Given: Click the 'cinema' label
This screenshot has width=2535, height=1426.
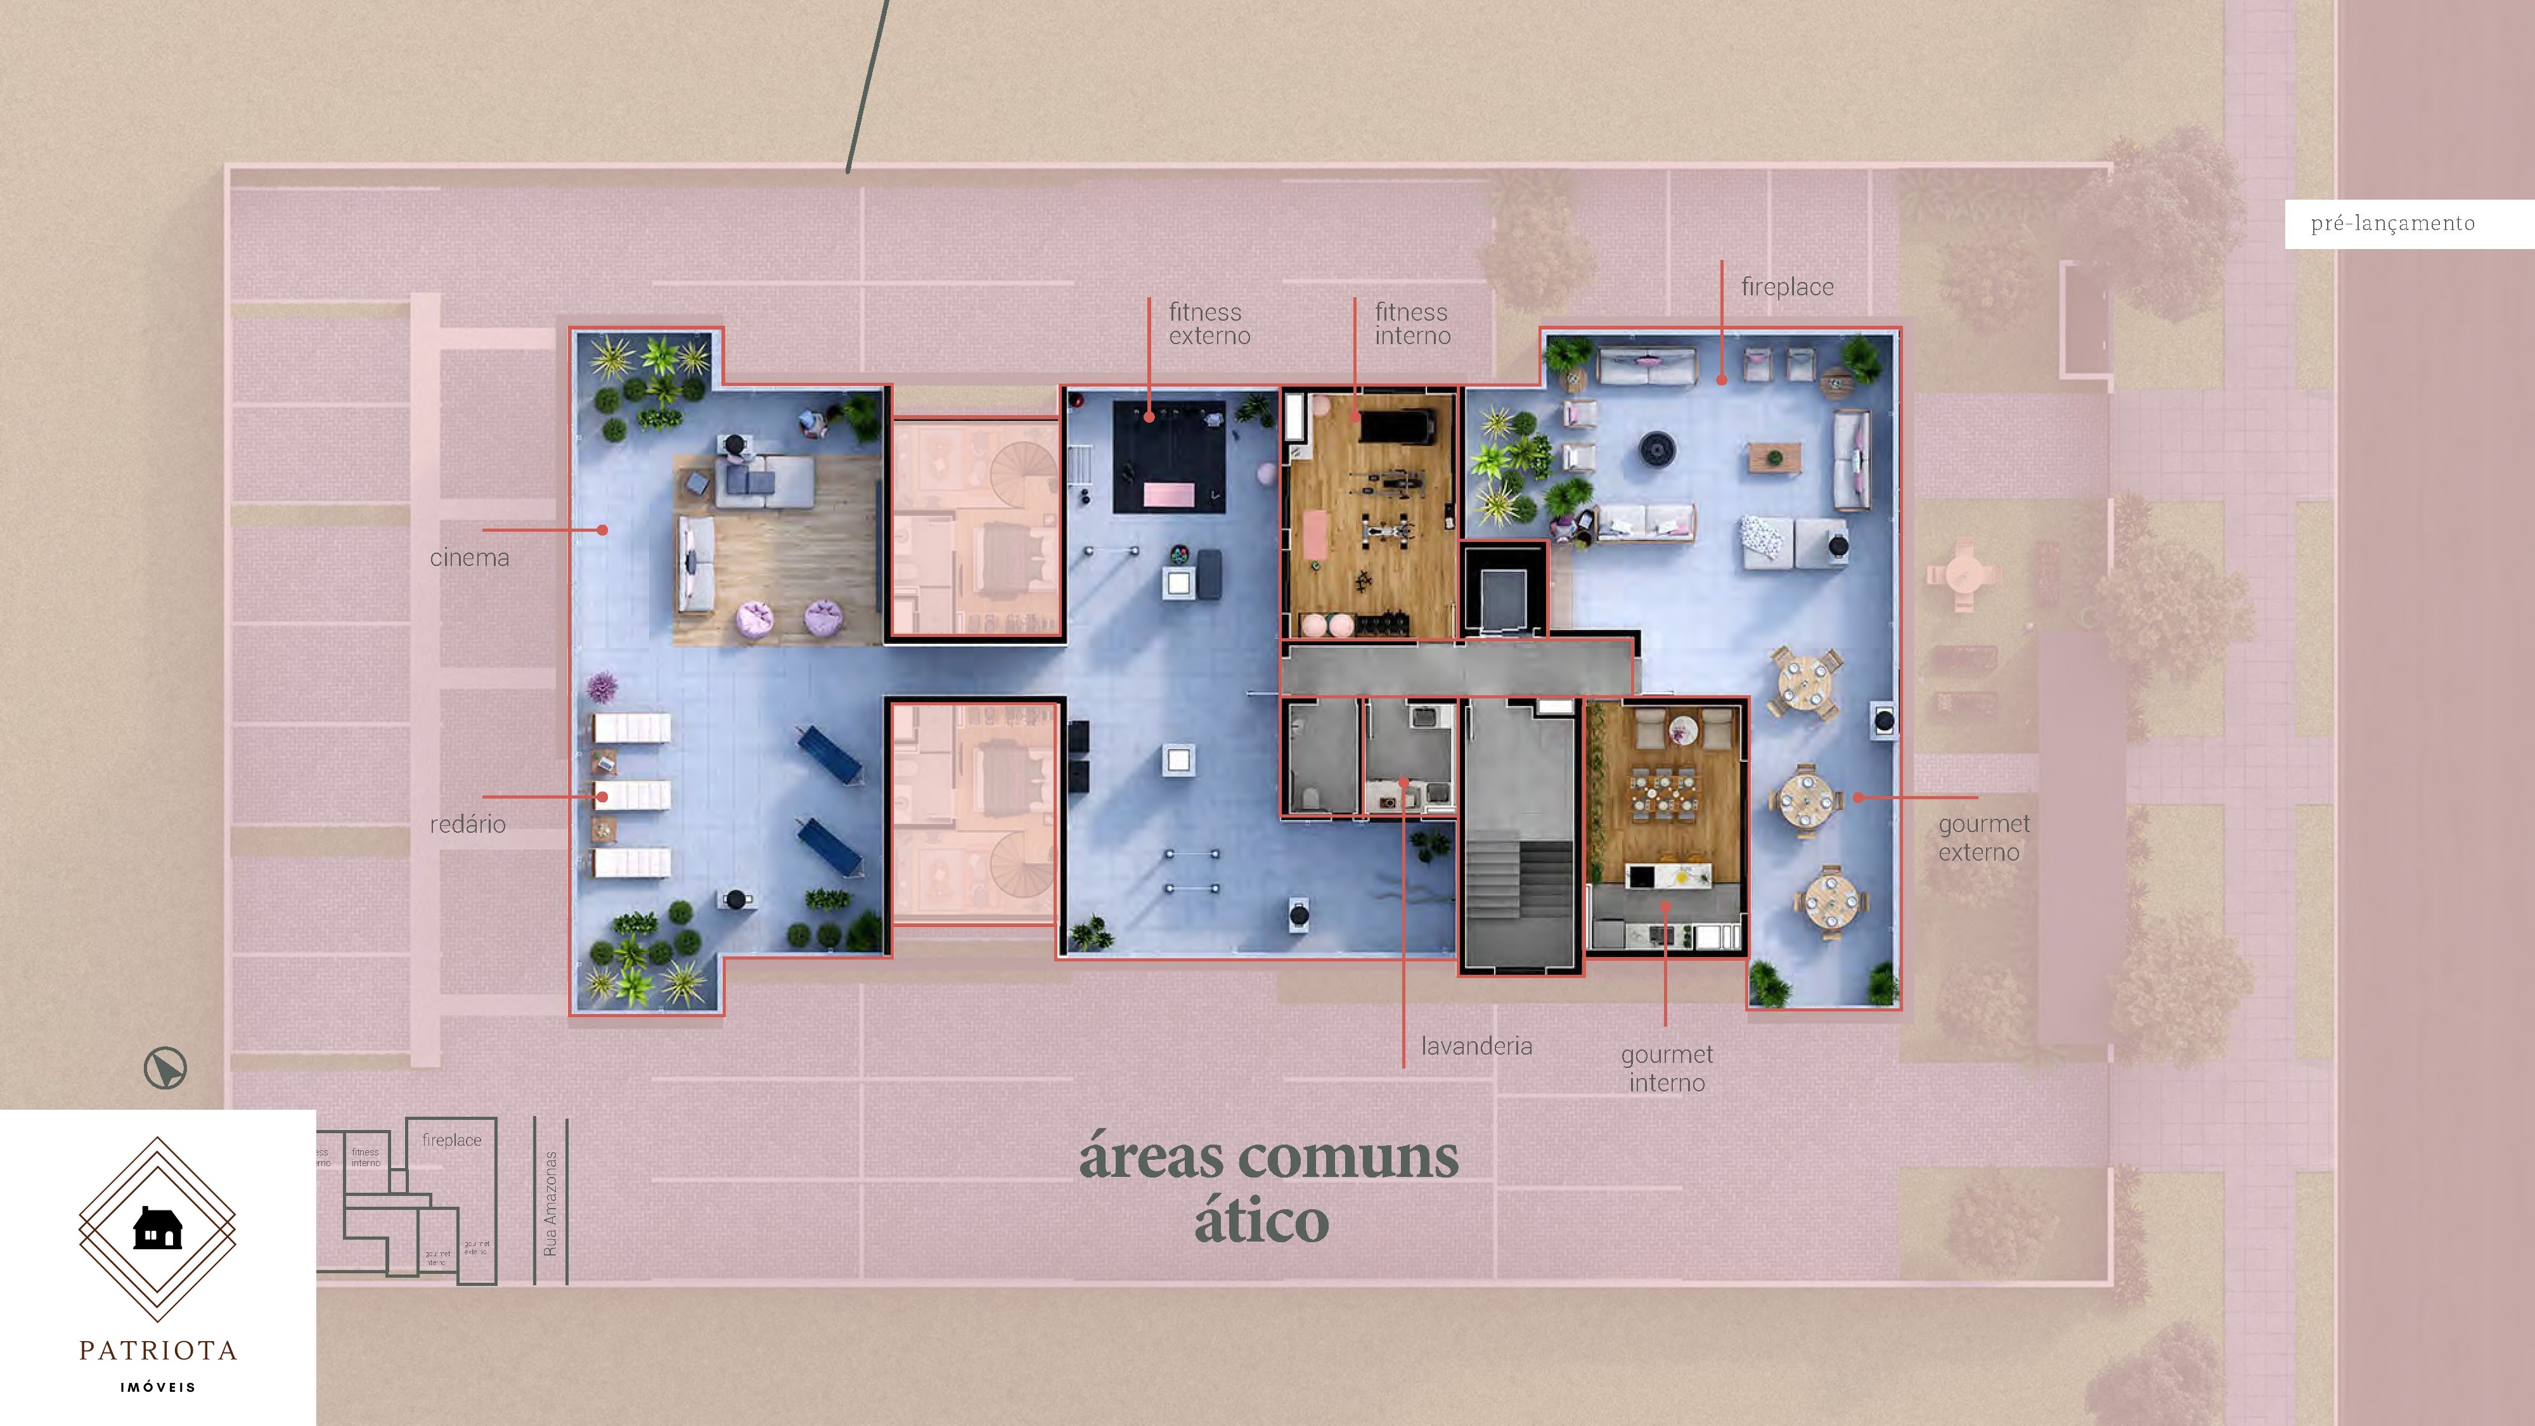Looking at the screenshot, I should pos(469,558).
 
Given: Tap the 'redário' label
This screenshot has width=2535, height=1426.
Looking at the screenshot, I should pos(467,825).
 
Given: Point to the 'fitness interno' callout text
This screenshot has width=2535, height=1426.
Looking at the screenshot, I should pos(1412,324).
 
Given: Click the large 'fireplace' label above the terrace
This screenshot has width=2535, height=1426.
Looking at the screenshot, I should pos(1787,287).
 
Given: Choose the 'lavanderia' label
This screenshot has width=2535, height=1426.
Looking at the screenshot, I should pos(1476,1046).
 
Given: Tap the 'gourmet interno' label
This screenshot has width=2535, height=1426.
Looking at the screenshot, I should pos(1667,1068).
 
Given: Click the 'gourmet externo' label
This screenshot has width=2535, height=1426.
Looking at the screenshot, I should pos(1983,837).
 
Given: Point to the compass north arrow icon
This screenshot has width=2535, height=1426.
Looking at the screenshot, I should pos(165,1069).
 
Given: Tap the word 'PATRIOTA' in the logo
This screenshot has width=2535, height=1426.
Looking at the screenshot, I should pos(157,1350).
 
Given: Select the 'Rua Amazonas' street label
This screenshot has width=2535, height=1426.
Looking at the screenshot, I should pos(550,1203).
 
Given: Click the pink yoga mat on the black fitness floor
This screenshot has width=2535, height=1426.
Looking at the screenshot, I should pos(1168,495).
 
